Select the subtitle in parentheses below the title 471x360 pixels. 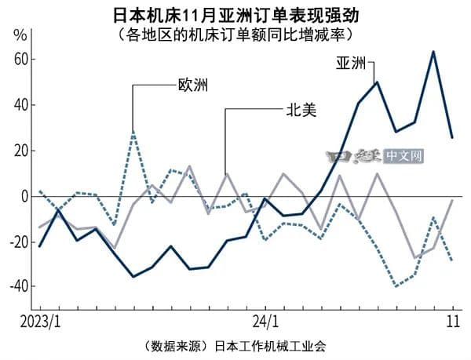click(235, 35)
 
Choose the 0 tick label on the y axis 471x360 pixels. click(25, 196)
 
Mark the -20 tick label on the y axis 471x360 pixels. click(19, 242)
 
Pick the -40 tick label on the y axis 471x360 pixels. click(19, 286)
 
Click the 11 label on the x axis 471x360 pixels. click(452, 322)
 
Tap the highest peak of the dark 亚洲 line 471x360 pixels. click(433, 52)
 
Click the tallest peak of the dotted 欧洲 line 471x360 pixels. click(133, 132)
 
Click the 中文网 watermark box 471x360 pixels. click(403, 157)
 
